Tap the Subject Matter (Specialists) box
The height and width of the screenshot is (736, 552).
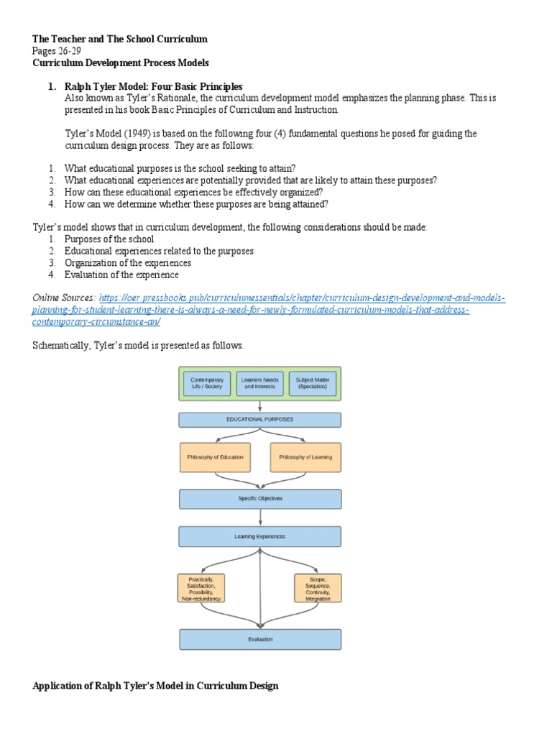coord(312,383)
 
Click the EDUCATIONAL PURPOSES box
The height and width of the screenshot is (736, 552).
coord(259,419)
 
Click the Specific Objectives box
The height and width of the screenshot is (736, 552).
coord(259,498)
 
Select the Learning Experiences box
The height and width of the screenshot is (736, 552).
coord(259,536)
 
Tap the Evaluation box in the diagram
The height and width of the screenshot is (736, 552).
coord(259,638)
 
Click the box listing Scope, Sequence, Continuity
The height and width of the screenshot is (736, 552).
coord(316,588)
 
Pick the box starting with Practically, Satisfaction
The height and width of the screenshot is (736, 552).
coord(202,588)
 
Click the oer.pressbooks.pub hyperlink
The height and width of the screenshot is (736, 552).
coord(302,298)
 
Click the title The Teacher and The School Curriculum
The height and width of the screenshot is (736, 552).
coord(119,39)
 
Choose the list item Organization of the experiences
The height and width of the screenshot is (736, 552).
coord(127,263)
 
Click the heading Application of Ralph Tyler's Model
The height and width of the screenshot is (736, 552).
coord(155,686)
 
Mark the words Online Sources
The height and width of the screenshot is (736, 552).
coord(63,298)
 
